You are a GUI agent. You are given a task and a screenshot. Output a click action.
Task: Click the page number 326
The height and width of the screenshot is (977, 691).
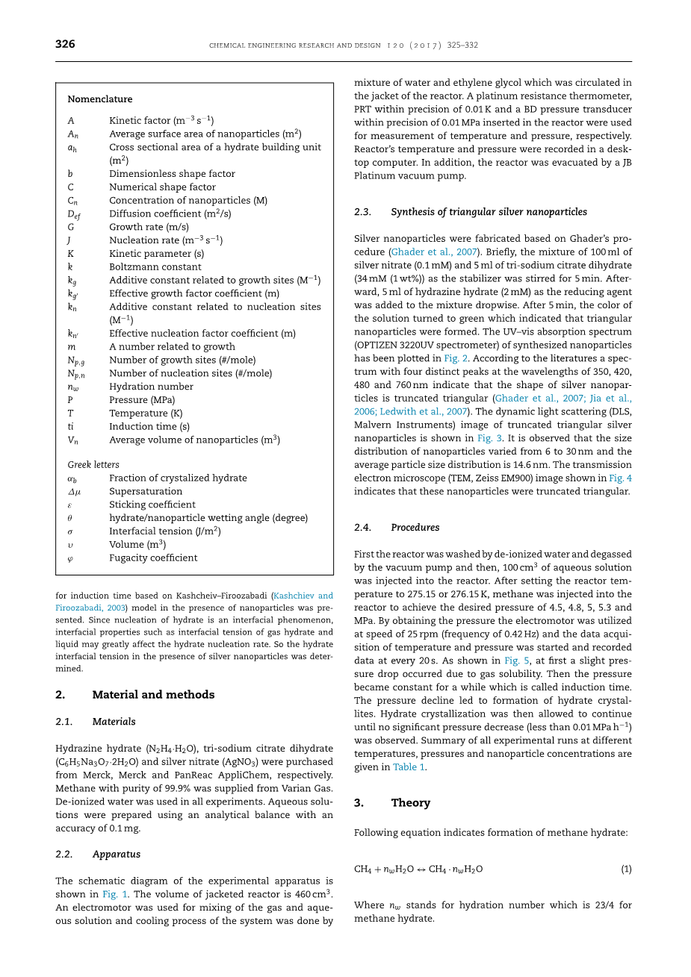tap(65, 44)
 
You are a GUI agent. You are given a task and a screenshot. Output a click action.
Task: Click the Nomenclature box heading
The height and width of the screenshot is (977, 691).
tap(99, 99)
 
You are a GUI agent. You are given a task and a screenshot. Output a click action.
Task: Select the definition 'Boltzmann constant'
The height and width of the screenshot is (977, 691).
tap(155, 267)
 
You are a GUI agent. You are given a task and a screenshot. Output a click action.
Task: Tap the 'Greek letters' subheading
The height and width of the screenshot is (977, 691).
tap(93, 465)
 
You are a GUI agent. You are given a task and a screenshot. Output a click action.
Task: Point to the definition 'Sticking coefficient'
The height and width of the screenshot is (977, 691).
tap(152, 505)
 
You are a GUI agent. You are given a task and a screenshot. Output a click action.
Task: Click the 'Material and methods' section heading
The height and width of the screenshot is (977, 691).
tap(153, 695)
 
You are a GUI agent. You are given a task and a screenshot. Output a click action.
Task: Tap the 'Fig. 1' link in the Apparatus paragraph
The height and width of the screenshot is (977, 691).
tap(111, 894)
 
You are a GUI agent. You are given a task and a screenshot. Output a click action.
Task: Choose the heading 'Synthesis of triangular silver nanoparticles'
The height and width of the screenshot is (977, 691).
tap(489, 212)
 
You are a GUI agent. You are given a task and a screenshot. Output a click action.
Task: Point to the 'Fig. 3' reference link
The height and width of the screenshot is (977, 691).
tap(486, 438)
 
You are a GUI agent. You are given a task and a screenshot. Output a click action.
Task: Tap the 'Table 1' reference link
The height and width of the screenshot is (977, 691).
tap(409, 767)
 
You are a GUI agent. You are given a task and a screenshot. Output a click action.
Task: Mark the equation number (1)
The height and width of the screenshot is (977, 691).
tap(626, 870)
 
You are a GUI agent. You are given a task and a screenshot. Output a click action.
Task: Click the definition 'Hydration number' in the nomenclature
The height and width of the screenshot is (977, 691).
tap(151, 387)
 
